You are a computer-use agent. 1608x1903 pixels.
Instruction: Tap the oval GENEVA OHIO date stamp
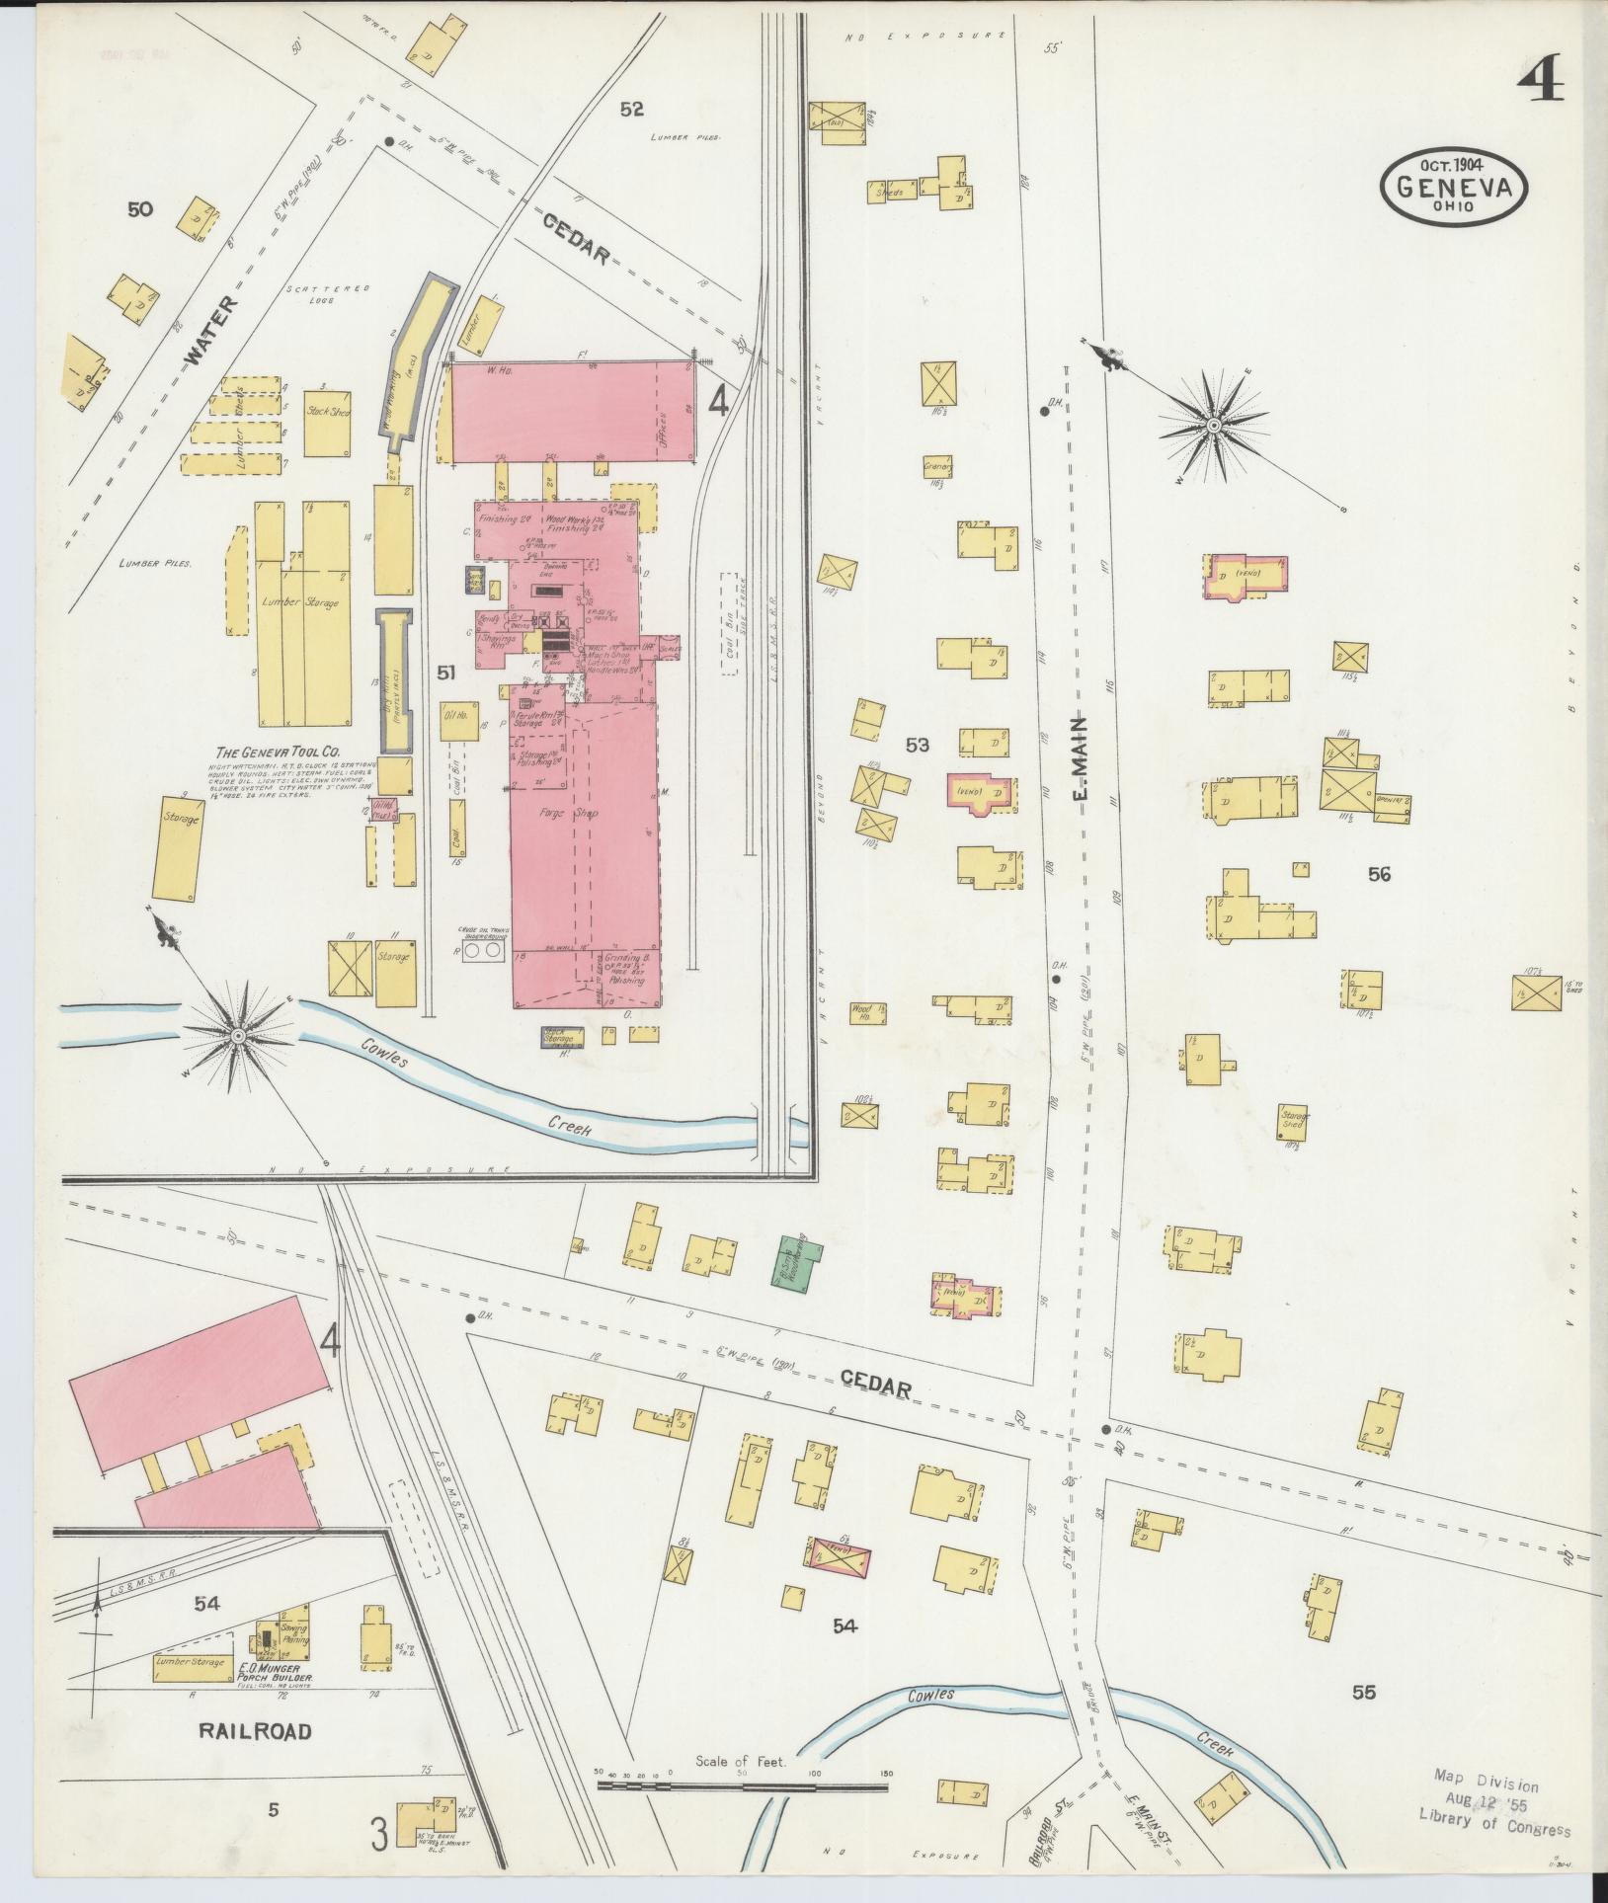1454,188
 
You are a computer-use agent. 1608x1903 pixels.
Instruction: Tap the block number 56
1379,873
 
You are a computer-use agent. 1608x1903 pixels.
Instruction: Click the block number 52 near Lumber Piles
631,110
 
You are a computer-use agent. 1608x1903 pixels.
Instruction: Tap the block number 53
918,745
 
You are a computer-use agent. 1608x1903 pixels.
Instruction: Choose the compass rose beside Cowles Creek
237,1035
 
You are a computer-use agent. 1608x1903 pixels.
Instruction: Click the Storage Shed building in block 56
1294,1121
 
